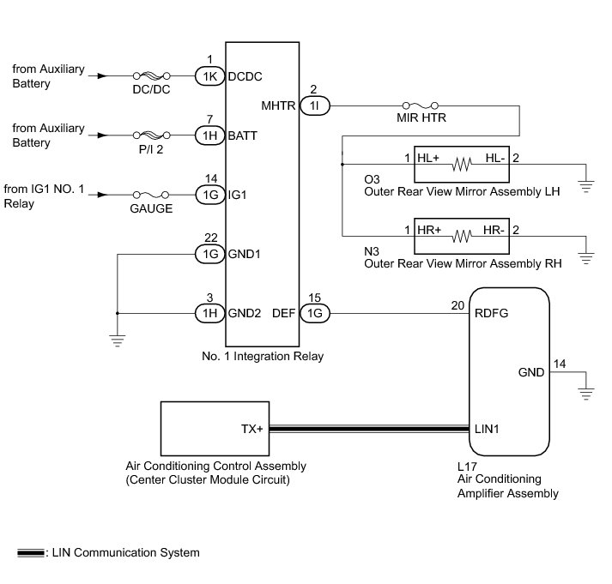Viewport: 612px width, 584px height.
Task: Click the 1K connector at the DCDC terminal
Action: tap(209, 75)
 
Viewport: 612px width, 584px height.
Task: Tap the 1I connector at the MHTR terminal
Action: tap(314, 105)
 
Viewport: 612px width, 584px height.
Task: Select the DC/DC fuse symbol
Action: tap(149, 75)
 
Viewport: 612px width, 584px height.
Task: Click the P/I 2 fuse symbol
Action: tap(149, 135)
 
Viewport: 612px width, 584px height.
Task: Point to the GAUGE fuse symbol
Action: tap(149, 195)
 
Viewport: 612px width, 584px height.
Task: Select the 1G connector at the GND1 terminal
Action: tap(209, 254)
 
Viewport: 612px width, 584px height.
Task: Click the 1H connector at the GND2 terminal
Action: tap(209, 313)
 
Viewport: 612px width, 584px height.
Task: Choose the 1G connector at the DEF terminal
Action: tap(314, 313)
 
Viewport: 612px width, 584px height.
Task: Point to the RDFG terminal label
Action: tap(491, 314)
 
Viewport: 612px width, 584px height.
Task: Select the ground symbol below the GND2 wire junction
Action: tap(118, 340)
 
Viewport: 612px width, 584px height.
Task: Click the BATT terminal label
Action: tap(243, 135)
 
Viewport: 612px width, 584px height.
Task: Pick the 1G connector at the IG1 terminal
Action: tap(209, 195)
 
